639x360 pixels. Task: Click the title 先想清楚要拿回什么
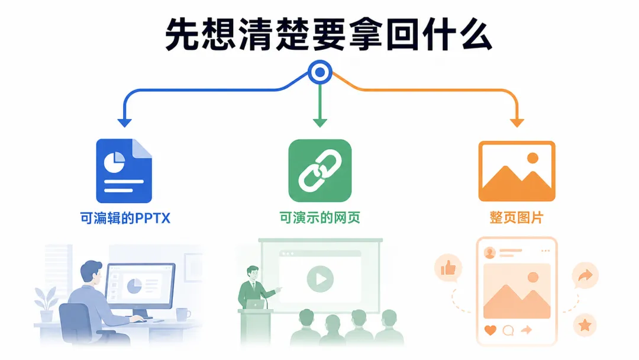pyautogui.click(x=328, y=34)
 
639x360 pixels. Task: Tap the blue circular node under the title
pyautogui.click(x=320, y=72)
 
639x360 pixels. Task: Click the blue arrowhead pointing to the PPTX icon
pyautogui.click(x=124, y=123)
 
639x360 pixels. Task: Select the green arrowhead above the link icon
pyautogui.click(x=320, y=123)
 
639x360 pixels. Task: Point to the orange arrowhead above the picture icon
pyautogui.click(x=517, y=123)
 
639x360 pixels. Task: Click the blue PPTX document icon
pyautogui.click(x=124, y=171)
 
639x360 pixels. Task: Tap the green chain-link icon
pyautogui.click(x=320, y=171)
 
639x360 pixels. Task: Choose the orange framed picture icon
pyautogui.click(x=517, y=171)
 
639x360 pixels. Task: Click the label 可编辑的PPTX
pyautogui.click(x=125, y=218)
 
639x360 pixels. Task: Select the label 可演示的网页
pyautogui.click(x=320, y=218)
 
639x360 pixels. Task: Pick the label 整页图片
pyautogui.click(x=517, y=218)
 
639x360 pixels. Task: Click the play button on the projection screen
pyautogui.click(x=320, y=279)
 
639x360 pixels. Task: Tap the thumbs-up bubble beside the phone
pyautogui.click(x=448, y=268)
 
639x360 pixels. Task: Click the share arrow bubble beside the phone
pyautogui.click(x=585, y=276)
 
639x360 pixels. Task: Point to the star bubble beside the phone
pyautogui.click(x=585, y=325)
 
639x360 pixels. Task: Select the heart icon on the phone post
pyautogui.click(x=490, y=330)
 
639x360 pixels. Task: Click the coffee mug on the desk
pyautogui.click(x=183, y=315)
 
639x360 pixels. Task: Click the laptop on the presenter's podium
pyautogui.click(x=255, y=304)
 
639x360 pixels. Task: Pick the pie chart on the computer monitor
pyautogui.click(x=134, y=286)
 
